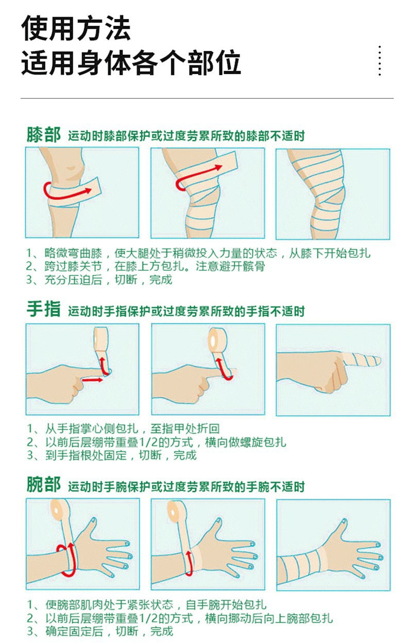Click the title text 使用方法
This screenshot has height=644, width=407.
76,29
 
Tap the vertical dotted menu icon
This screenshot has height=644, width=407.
380,61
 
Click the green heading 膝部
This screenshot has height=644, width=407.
44,135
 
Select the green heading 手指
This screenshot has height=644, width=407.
44,310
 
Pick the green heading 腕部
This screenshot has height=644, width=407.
44,485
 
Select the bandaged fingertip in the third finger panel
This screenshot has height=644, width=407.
366,359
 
